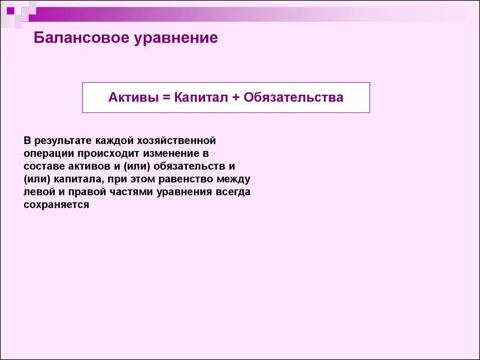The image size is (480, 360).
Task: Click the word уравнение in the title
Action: pos(176,37)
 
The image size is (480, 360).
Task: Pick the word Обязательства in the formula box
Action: pos(293,97)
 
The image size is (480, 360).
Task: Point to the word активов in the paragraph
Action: pos(86,166)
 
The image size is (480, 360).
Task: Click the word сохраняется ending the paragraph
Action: pos(56,205)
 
